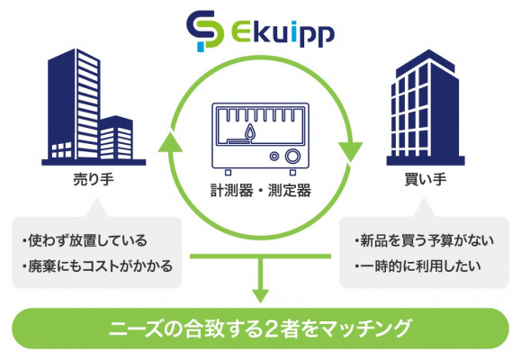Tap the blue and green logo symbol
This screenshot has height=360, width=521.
click(204, 31)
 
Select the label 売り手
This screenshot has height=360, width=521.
click(94, 179)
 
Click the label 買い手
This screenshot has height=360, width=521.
click(426, 179)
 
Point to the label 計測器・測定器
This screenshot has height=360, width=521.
click(261, 191)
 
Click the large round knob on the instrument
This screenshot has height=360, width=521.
click(292, 156)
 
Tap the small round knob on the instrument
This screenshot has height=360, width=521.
click(274, 156)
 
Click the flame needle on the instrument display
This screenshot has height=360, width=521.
click(250, 132)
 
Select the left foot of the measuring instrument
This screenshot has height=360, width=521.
click(228, 172)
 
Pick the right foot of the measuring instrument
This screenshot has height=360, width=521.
click(292, 172)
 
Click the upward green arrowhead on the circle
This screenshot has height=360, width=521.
click(170, 141)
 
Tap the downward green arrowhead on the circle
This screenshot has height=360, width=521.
click(350, 152)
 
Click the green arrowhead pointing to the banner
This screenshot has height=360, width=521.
click(261, 296)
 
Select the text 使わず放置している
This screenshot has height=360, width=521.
click(88, 240)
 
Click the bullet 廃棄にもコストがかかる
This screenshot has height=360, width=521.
click(98, 266)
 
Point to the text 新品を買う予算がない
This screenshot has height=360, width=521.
click(427, 240)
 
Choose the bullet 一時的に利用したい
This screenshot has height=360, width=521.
click(418, 266)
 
